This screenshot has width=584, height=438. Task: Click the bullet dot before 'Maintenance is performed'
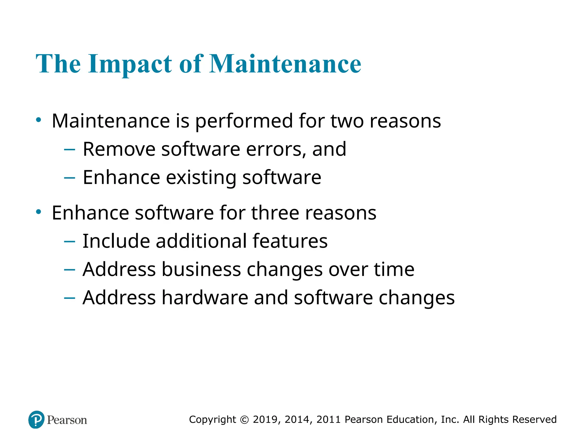click(x=39, y=120)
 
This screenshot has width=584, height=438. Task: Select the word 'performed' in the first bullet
click(x=244, y=121)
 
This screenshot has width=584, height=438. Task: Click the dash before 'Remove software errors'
click(x=70, y=149)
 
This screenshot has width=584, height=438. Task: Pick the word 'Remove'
click(x=119, y=149)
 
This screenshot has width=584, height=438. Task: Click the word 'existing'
click(x=201, y=178)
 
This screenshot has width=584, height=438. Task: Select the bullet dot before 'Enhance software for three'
click(x=39, y=212)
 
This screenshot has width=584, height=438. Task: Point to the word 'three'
click(x=275, y=213)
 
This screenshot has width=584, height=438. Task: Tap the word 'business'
click(x=201, y=269)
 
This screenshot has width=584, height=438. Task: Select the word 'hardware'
click(x=205, y=298)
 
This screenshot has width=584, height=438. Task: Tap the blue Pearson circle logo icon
click(x=36, y=419)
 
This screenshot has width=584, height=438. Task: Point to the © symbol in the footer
click(x=244, y=420)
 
